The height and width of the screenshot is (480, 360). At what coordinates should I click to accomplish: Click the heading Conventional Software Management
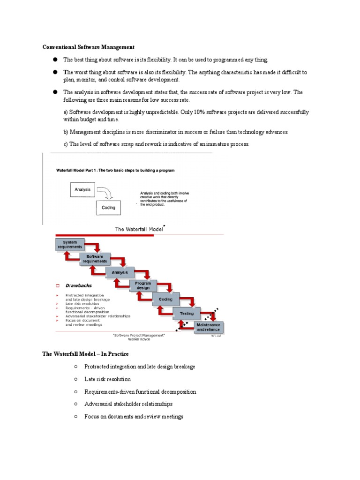89,47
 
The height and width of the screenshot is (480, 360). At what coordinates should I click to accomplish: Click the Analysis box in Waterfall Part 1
82,190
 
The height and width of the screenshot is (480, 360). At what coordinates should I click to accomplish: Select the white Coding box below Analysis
108,208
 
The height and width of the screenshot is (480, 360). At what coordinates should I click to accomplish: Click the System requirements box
70,245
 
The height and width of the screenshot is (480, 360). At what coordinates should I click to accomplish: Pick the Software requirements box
96,259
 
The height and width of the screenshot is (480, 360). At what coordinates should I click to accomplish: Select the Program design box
143,285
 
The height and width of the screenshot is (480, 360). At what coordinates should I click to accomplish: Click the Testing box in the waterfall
187,313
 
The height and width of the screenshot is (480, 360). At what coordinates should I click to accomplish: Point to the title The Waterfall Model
138,229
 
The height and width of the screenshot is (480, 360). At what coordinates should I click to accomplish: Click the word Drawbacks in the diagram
78,285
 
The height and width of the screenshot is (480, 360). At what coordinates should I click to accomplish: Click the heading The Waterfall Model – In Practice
85,354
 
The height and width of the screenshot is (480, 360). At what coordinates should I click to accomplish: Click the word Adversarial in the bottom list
99,404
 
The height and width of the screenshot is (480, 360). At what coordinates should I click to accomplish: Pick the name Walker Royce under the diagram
139,339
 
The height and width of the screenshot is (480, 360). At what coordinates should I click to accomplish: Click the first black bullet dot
55,60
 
